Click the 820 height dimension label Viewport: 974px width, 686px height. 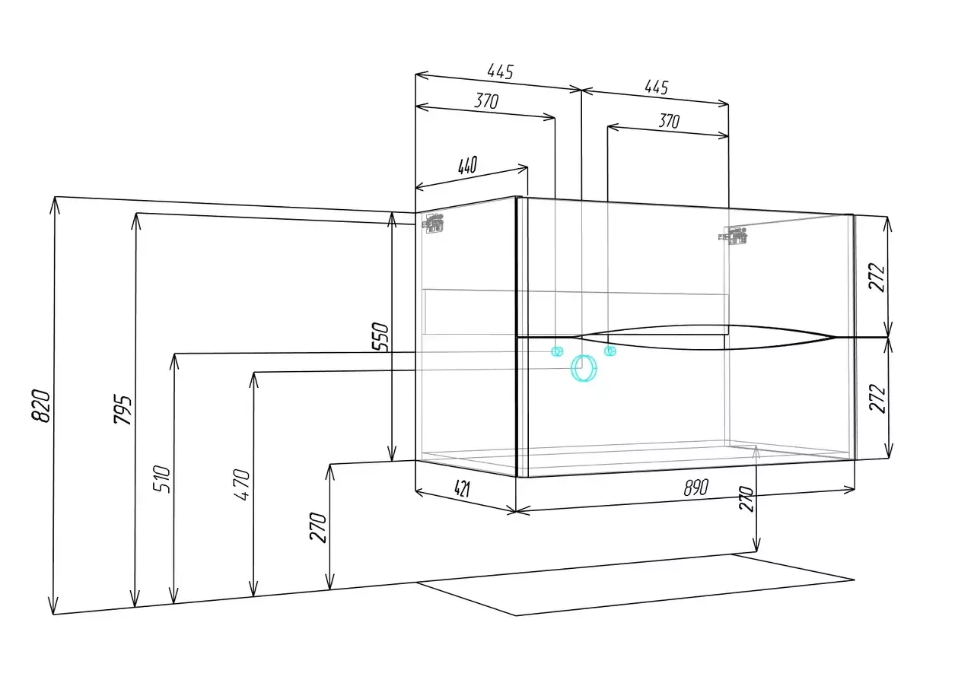coord(42,405)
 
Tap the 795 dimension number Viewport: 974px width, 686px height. coord(123,409)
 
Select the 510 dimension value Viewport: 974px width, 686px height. coord(161,479)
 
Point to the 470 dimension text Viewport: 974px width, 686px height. coord(241,484)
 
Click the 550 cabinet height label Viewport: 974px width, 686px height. coord(380,336)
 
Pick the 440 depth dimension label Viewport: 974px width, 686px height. coord(467,165)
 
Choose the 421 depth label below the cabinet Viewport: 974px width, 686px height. coord(462,489)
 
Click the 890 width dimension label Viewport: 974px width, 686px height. coord(695,488)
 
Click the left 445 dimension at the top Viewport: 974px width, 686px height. coord(501,71)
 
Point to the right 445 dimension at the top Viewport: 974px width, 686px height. coord(656,87)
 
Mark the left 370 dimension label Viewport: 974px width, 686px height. coord(486,101)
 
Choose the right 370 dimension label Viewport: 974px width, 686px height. coord(669,121)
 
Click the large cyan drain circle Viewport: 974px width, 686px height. coord(584,369)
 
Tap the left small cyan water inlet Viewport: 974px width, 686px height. coord(557,351)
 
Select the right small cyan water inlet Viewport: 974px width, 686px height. coord(610,351)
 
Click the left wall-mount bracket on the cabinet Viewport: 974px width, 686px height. coord(433,223)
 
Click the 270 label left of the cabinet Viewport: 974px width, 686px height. coord(318,527)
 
